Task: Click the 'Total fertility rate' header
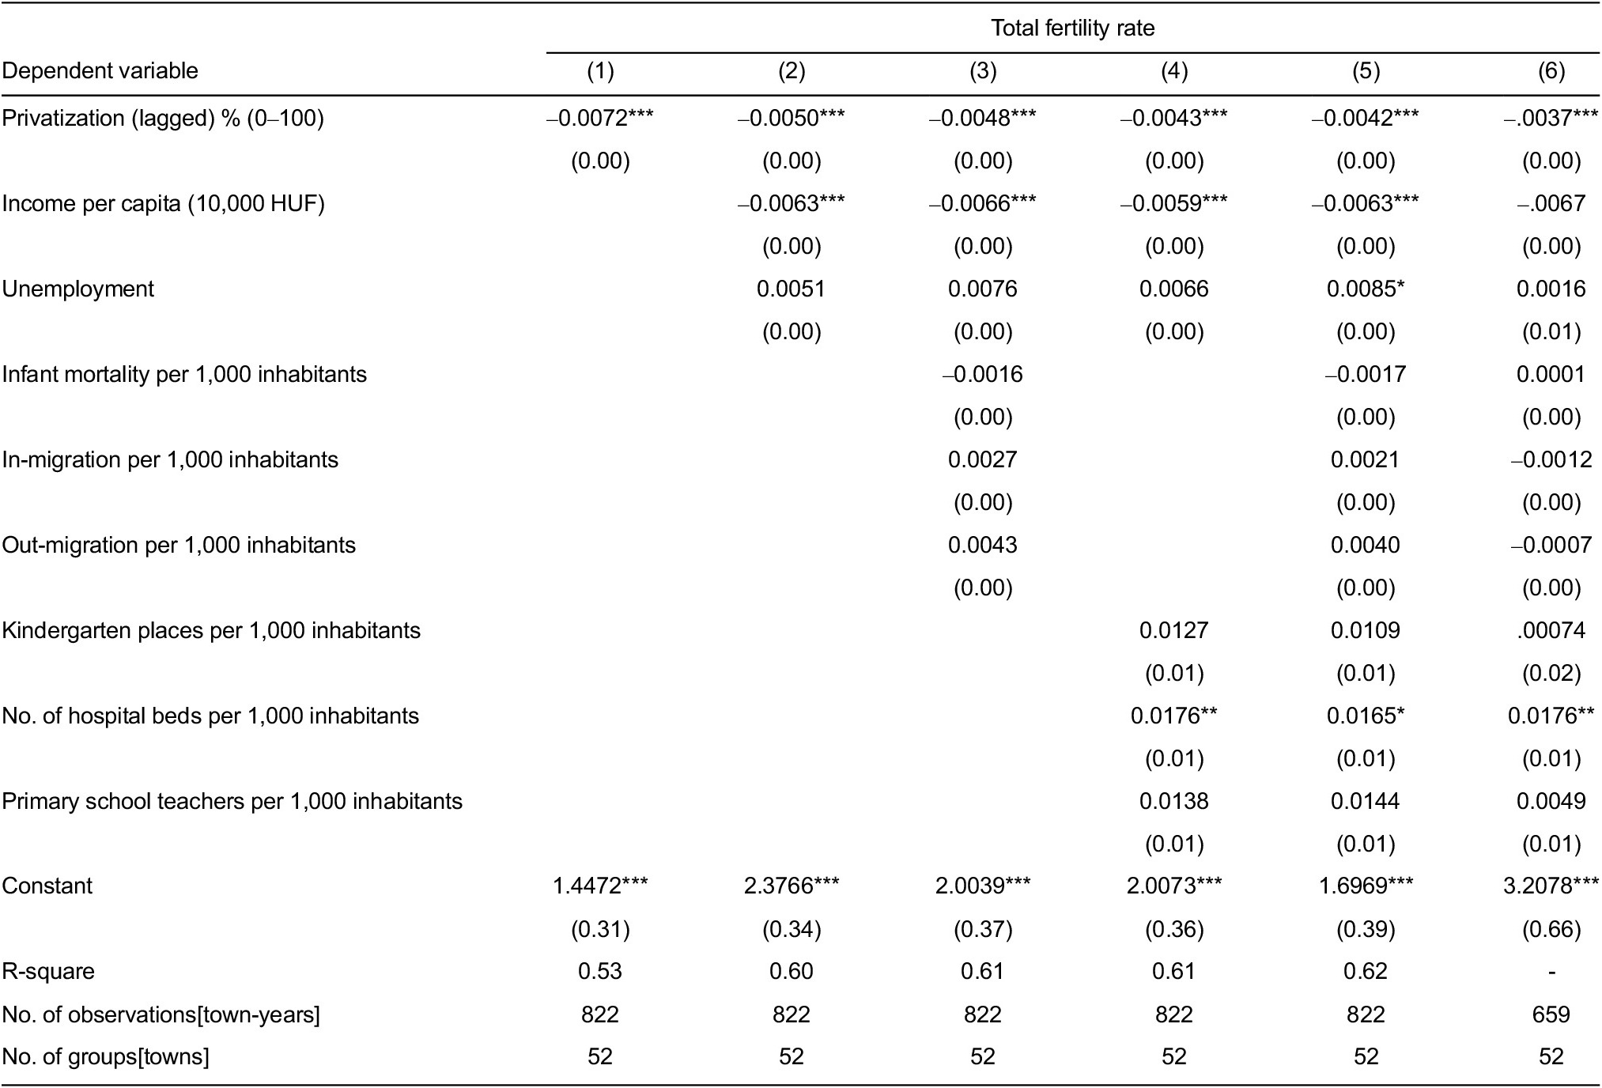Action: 1072,28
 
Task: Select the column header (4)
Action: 1173,71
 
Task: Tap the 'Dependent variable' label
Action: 100,71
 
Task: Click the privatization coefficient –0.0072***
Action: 600,119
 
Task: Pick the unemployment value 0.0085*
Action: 1366,289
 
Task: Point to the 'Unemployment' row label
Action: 77,289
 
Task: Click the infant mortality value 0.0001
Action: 1551,375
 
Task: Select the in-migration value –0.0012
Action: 1551,460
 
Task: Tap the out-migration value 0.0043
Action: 982,546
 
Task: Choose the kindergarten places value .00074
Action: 1551,631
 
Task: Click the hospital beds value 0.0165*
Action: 1366,716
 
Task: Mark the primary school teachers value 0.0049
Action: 1551,802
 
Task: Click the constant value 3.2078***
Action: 1551,886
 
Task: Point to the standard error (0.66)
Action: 1551,929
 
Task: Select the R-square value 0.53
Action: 600,972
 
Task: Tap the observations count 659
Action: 1551,1014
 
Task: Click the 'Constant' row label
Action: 47,886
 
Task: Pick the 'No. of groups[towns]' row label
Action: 105,1057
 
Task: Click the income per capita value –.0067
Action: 1551,204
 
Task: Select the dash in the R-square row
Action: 1551,972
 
